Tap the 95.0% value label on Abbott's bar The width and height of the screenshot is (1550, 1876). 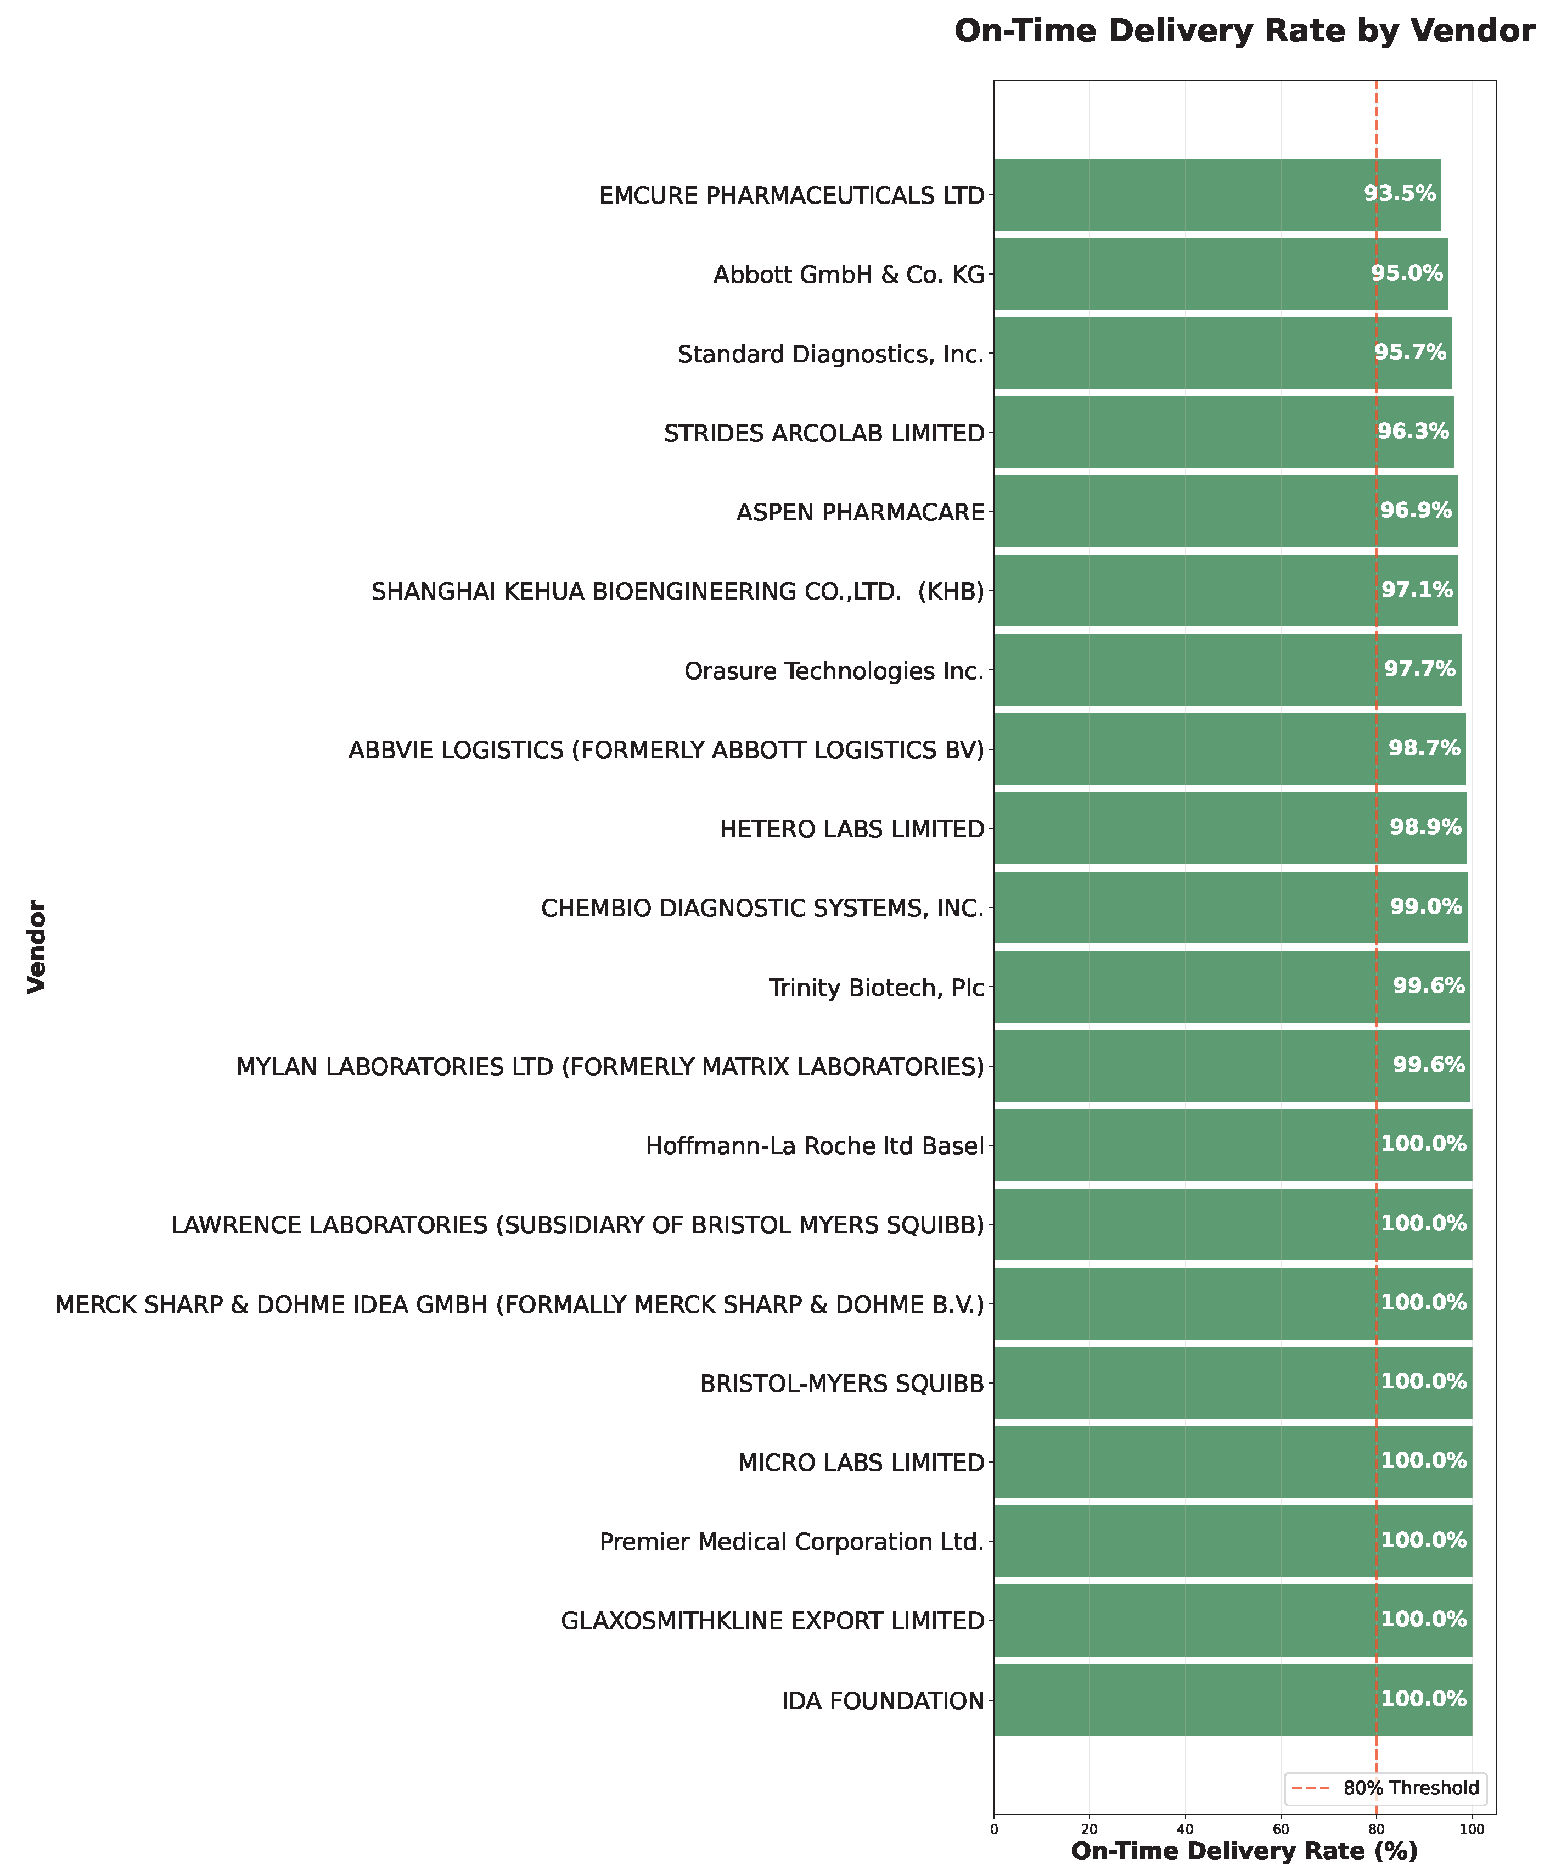tap(1407, 273)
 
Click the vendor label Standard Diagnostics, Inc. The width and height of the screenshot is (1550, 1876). tap(830, 355)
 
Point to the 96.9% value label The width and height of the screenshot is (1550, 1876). tap(1416, 511)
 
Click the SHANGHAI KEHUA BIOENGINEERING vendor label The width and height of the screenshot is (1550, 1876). tap(677, 591)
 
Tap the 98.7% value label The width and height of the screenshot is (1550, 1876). tap(1424, 748)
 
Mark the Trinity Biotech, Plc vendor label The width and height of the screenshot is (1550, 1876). tap(876, 988)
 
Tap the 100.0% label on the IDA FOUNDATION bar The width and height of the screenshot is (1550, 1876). tap(1423, 1698)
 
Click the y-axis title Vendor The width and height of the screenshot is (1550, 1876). tap(37, 947)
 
